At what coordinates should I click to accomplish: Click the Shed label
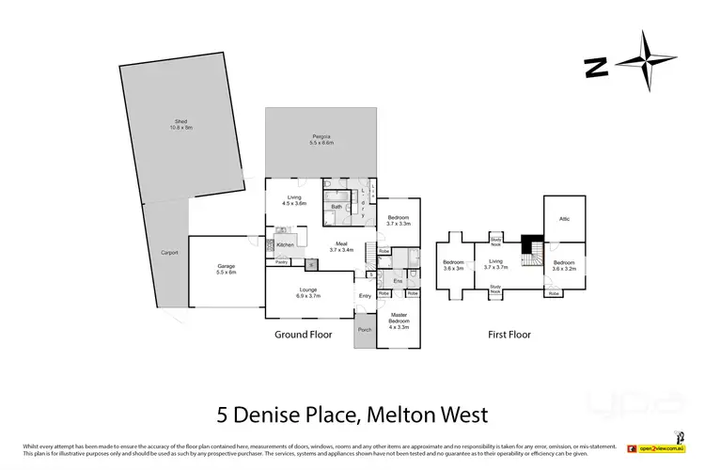[x=181, y=123]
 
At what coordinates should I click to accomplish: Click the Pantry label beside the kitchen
[x=281, y=262]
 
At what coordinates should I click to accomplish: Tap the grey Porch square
[x=365, y=331]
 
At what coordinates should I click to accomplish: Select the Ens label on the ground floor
[x=398, y=280]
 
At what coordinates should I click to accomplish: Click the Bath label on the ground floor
[x=336, y=207]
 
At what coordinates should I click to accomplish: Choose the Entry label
[x=365, y=297]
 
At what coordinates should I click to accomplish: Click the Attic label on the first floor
[x=564, y=217]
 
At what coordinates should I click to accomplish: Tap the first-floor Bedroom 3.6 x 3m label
[x=454, y=264]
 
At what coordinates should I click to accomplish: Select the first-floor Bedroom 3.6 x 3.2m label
[x=564, y=264]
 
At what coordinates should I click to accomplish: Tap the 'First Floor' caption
[x=510, y=334]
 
